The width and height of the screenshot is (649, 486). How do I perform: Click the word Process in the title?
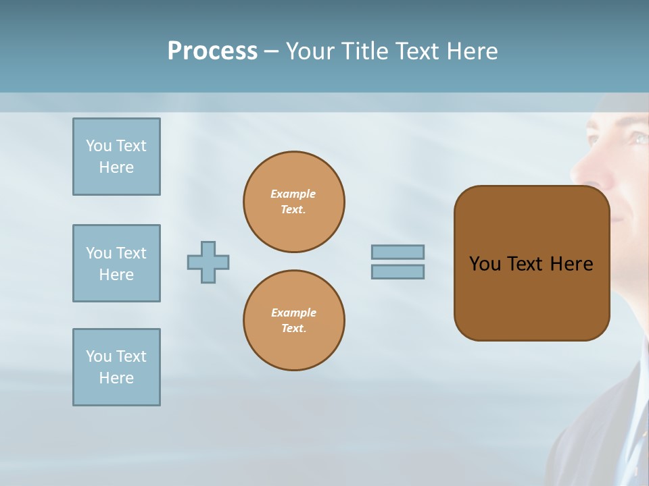212,51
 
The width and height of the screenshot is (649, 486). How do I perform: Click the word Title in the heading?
364,51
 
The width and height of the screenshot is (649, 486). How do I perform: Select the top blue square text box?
116,157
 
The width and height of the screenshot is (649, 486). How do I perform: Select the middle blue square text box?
116,263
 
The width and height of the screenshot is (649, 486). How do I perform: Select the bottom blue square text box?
116,367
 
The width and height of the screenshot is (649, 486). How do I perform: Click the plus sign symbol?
208,262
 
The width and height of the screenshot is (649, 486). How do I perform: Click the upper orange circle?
294,201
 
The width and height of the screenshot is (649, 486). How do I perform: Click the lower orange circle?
294,320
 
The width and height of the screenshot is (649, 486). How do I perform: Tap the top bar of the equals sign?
398,252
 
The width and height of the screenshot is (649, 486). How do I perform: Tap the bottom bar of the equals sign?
398,271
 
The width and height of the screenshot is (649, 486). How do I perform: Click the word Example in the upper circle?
293,194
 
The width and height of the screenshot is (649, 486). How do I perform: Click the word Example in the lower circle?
293,313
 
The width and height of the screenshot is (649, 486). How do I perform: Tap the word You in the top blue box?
99,146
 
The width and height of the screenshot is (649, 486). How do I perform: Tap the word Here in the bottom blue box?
116,378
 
